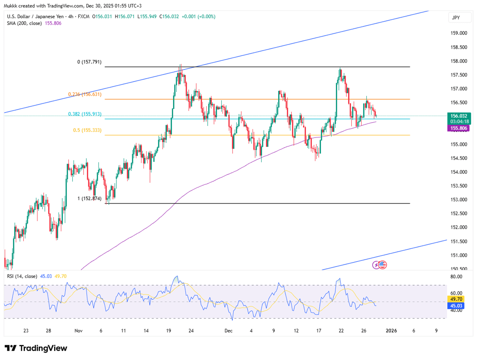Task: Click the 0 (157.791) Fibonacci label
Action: click(x=89, y=62)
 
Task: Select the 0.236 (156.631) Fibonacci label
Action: click(x=85, y=94)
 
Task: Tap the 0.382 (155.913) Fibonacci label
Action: click(x=85, y=114)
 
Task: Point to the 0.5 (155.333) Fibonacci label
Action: click(x=87, y=130)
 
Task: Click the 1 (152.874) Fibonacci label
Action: click(x=89, y=198)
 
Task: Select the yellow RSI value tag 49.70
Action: click(x=456, y=299)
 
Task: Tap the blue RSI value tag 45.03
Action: click(x=456, y=306)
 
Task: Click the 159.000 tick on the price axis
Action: click(x=459, y=33)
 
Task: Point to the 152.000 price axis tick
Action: click(x=459, y=227)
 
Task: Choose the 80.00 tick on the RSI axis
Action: click(x=456, y=276)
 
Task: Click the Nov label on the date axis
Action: click(x=78, y=331)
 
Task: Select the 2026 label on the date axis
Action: click(x=391, y=331)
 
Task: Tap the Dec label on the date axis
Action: click(x=228, y=331)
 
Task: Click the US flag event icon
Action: click(x=383, y=265)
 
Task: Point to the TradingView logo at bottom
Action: click(x=36, y=348)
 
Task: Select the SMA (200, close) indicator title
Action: click(x=24, y=23)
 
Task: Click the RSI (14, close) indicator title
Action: click(x=22, y=276)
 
